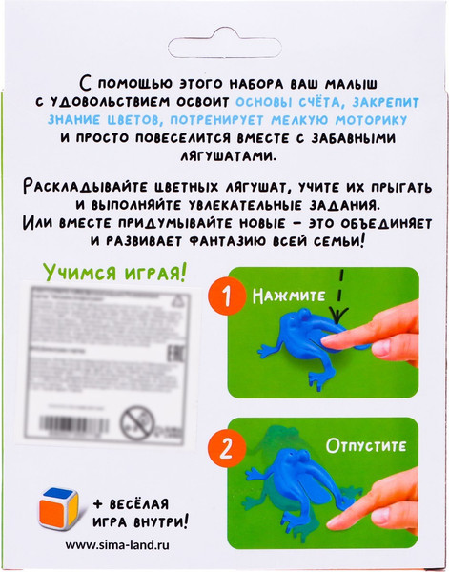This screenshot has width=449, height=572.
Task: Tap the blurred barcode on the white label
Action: (x=82, y=416)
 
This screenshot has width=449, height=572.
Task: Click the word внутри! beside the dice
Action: (x=153, y=521)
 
